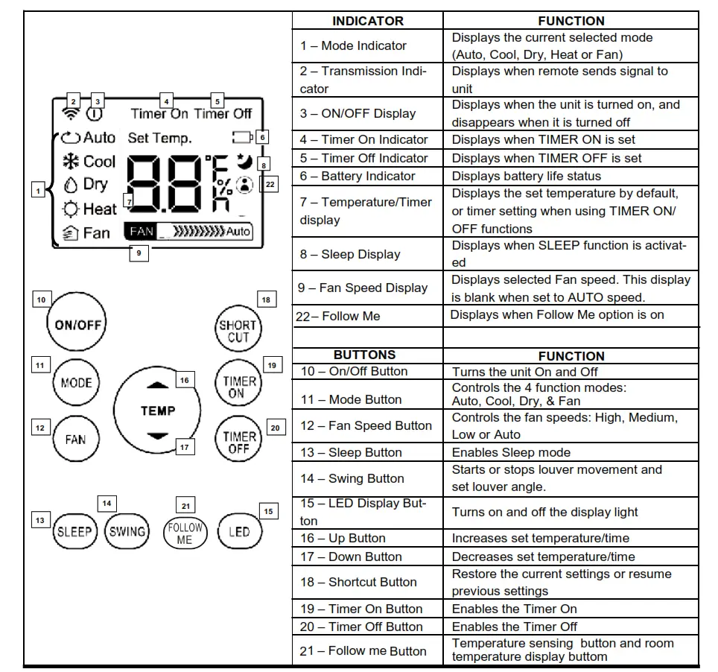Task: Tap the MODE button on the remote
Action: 76,383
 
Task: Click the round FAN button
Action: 75,439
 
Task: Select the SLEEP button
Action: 74,531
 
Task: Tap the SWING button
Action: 127,531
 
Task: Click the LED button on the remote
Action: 238,531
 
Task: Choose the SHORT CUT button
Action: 238,331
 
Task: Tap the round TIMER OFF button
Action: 238,442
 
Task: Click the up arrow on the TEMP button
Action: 158,385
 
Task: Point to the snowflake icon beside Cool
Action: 72,162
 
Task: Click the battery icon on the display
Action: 242,137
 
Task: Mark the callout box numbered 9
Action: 138,253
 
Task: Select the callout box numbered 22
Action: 270,184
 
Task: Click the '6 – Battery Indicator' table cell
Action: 367,176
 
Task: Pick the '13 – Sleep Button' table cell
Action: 367,452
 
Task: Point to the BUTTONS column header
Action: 364,355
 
